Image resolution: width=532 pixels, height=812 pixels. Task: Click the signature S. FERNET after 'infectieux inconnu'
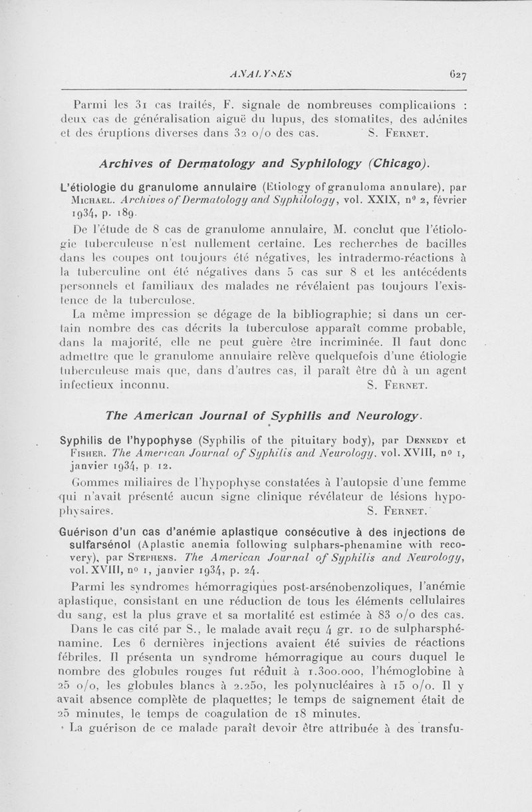click(401, 384)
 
